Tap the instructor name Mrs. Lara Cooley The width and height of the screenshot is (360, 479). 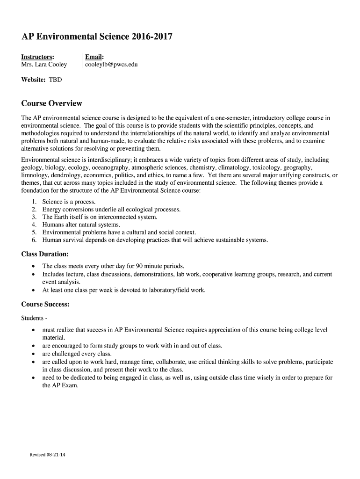point(44,65)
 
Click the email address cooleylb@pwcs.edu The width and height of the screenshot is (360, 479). point(111,65)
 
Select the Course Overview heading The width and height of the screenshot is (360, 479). point(52,103)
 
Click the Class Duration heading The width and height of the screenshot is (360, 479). point(45,254)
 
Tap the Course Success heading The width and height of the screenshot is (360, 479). point(45,305)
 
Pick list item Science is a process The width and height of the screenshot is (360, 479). point(69,202)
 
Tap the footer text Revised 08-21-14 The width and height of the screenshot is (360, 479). point(47,455)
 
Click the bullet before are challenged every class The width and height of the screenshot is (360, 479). point(33,354)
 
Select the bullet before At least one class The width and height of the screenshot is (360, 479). point(33,290)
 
